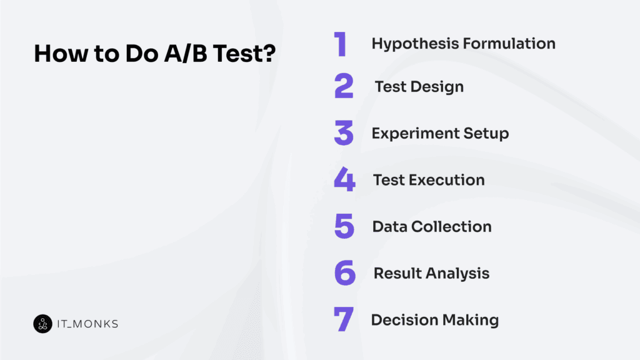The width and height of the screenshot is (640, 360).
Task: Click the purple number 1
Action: pos(341,44)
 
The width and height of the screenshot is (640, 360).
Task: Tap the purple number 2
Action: pos(344,86)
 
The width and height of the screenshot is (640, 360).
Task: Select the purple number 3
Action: pos(344,133)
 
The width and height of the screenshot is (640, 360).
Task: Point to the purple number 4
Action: pos(344,180)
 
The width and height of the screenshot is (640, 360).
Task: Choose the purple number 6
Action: pos(344,273)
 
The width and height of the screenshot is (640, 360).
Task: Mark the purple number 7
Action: pos(344,320)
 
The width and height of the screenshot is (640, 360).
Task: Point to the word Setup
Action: pos(486,134)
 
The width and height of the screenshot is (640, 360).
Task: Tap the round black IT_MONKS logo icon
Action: pos(42,323)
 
